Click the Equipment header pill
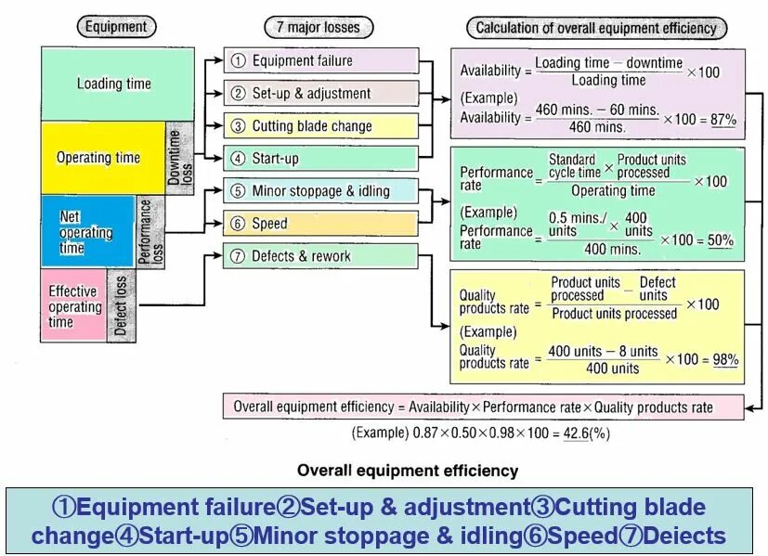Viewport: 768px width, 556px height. (115, 27)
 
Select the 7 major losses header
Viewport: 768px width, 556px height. (319, 27)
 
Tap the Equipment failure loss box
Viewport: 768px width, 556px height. (320, 61)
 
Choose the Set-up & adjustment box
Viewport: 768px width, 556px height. (320, 94)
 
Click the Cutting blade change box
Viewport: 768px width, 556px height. (320, 126)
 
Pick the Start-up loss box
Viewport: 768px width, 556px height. (320, 159)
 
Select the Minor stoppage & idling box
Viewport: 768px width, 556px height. (320, 191)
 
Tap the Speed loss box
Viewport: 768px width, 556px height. (320, 224)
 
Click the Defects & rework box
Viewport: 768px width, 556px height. (320, 256)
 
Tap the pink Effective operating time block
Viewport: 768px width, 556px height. (73, 305)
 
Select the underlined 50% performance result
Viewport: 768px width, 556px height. (720, 240)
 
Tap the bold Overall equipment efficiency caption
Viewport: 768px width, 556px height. (408, 471)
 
